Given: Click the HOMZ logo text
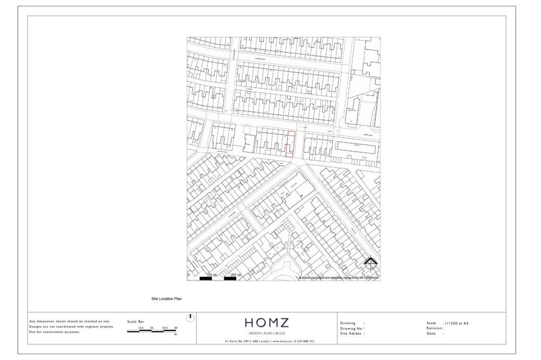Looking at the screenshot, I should pos(267,323).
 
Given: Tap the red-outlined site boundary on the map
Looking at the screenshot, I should pos(289,144).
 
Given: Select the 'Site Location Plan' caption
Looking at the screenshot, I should pos(166,299).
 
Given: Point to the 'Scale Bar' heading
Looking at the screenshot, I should pos(136,321).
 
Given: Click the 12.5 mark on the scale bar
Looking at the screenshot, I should pos(141,328).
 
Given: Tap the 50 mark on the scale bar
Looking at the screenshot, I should pos(176,328).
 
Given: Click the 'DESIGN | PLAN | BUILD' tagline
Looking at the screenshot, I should pos(267,334).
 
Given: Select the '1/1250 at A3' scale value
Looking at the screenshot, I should pos(456,323).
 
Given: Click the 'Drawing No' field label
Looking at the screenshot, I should pos(351,328).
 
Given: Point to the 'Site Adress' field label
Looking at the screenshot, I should pos(351,333).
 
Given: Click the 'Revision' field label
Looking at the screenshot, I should pos(435,328).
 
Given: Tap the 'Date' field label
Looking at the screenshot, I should pos(431,333).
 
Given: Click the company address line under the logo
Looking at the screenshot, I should pos(267,342).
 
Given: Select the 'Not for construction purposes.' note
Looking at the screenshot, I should pos(55,332).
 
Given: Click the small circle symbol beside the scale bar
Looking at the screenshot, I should pos(191,318).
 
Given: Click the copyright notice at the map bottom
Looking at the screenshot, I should pos(339,277).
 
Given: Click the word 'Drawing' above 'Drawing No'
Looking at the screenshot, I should pos(348,323).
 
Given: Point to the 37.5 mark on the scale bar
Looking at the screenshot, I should pos(165,328).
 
